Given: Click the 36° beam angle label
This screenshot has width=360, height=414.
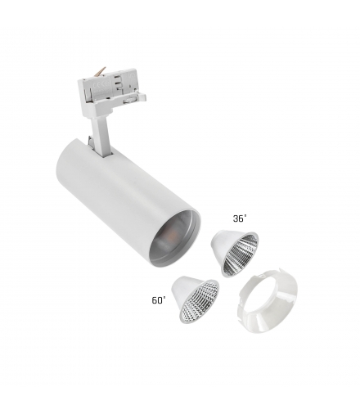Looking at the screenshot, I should (x=240, y=218).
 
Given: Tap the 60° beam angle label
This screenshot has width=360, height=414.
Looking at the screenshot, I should (x=159, y=300).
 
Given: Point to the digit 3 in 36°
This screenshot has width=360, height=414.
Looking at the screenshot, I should (x=236, y=218).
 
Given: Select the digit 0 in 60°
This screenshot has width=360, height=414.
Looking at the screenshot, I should (x=160, y=300).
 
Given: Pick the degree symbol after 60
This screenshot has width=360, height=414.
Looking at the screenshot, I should (x=164, y=297).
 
